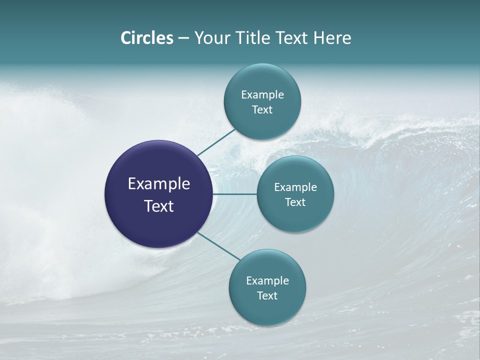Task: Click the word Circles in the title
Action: pos(147,38)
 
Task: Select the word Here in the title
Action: pos(332,38)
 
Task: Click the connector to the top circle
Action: pos(216,142)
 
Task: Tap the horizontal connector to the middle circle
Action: pos(235,194)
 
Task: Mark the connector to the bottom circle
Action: pos(218,246)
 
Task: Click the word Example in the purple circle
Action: pos(159,184)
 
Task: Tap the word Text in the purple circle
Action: pos(159,206)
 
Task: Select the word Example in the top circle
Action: pos(262,95)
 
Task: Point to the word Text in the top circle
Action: pos(262,110)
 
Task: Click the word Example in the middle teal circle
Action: pos(295,187)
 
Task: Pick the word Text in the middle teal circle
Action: pos(295,202)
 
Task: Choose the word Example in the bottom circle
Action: pos(267,281)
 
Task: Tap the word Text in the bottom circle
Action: pos(267,295)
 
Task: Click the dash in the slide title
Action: pos(183,38)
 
